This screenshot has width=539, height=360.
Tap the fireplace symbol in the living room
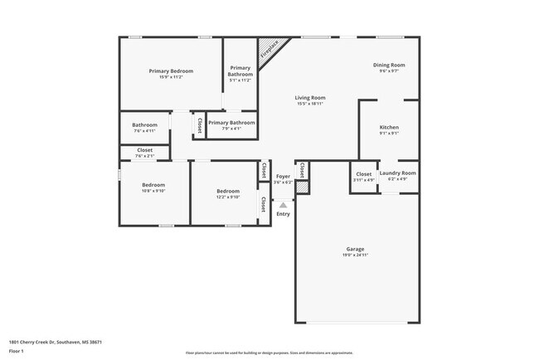[268, 51]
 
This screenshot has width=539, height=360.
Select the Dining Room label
[388, 65]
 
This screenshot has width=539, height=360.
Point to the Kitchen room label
[388, 128]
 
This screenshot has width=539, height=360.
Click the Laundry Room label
[398, 173]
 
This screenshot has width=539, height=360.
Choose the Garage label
[355, 249]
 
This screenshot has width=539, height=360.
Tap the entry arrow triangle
[283, 204]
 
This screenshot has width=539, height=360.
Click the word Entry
[283, 214]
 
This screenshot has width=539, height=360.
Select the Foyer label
[283, 176]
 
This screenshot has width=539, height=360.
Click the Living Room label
[311, 98]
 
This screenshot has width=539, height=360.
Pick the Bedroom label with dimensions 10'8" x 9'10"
[153, 185]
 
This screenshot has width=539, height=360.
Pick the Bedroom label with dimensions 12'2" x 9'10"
[228, 191]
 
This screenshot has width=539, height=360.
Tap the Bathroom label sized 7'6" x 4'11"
[144, 125]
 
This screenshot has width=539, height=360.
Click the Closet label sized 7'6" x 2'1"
[144, 151]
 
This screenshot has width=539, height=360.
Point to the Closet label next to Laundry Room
[363, 173]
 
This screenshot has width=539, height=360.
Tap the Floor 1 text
[17, 351]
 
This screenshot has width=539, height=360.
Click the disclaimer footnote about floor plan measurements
[269, 352]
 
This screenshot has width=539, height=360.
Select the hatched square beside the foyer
[303, 188]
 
